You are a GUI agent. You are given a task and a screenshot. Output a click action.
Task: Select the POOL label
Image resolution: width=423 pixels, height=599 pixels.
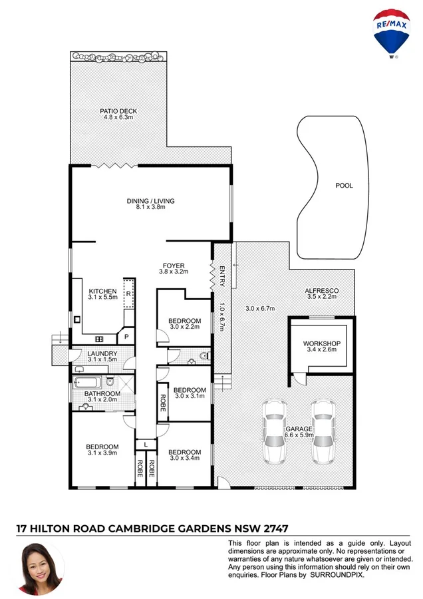(x=344, y=186)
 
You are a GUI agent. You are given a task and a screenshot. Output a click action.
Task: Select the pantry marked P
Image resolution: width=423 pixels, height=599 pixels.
(x=126, y=337)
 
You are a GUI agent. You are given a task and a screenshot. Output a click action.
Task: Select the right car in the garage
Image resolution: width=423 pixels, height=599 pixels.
(x=323, y=433)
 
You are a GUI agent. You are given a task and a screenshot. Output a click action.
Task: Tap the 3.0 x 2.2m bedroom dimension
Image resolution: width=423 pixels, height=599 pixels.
(x=184, y=327)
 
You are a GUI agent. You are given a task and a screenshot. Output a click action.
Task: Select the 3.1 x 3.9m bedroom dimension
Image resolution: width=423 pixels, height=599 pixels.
(x=102, y=453)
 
